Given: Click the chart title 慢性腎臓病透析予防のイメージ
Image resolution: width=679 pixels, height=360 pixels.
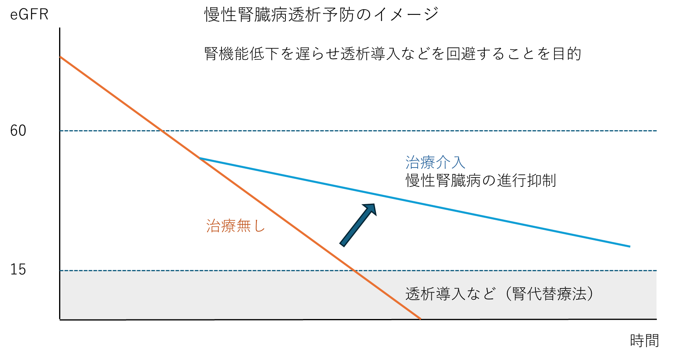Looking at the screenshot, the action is [321, 14].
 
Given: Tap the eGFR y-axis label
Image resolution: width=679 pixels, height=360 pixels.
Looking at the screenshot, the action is [29, 14].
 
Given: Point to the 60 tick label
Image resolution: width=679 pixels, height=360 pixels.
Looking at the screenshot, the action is [18, 131].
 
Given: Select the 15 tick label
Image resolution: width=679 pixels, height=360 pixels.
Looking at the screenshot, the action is [18, 269].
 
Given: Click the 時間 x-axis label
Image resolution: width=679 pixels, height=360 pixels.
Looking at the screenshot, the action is [644, 340].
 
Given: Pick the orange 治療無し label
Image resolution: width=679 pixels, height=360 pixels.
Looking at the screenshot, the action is [236, 226].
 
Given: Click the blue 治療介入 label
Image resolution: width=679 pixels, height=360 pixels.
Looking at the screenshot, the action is [435, 162].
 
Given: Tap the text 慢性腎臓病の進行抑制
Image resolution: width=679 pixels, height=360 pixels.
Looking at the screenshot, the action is [481, 181].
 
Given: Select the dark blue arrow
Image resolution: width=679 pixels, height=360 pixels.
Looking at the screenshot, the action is [358, 225].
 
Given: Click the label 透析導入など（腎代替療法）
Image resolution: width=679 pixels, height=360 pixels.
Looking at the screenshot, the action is [499, 294].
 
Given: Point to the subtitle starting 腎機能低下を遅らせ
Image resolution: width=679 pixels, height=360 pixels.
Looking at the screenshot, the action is [392, 54].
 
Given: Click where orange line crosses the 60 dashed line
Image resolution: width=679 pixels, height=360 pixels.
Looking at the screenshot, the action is [162, 131].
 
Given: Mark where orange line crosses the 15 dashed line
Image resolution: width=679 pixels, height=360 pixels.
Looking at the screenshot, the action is [353, 271].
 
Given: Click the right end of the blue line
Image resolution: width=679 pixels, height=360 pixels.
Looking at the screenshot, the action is [630, 246].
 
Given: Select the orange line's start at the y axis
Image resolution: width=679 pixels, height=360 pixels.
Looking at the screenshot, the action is [60, 56].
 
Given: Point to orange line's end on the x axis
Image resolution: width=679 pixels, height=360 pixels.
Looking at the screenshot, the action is [421, 319].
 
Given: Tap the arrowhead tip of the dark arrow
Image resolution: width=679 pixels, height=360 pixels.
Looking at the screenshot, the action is [375, 204].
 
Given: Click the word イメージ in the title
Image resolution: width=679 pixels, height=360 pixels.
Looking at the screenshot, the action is [406, 14].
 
